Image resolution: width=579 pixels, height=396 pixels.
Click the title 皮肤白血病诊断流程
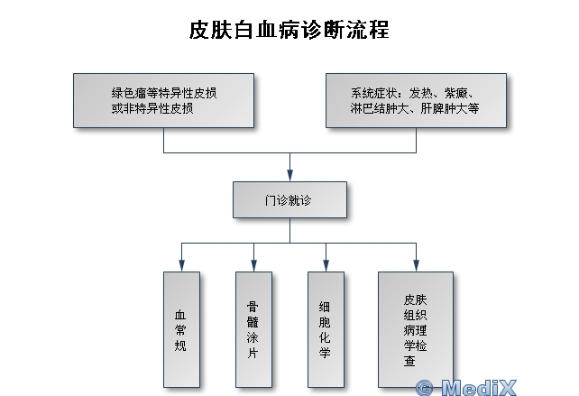(x=289, y=30)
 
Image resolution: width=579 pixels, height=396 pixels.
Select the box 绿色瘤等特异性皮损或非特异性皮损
(x=163, y=100)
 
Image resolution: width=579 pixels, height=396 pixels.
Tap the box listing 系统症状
(x=416, y=100)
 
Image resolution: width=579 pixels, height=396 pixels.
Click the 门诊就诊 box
(x=289, y=200)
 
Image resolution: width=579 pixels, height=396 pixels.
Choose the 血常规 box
(x=181, y=329)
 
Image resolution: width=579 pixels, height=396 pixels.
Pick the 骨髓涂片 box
(x=253, y=329)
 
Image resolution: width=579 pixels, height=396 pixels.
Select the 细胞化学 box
(x=326, y=329)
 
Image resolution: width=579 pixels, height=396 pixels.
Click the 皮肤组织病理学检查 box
(x=416, y=329)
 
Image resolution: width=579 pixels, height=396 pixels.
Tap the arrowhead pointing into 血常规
(x=181, y=266)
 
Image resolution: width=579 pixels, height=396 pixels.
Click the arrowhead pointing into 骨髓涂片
(x=253, y=266)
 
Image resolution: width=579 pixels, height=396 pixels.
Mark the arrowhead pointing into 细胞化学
(x=326, y=266)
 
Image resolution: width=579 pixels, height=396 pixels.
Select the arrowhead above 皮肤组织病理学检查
(x=416, y=266)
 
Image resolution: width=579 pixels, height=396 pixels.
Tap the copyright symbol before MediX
(x=424, y=388)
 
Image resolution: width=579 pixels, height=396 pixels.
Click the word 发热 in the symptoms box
(x=420, y=93)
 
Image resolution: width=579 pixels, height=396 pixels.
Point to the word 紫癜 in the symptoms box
(x=456, y=93)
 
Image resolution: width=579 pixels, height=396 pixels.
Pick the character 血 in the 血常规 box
(x=180, y=315)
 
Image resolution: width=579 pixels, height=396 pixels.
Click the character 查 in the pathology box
(x=409, y=361)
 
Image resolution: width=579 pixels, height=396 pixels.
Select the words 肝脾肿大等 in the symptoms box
(x=450, y=108)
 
